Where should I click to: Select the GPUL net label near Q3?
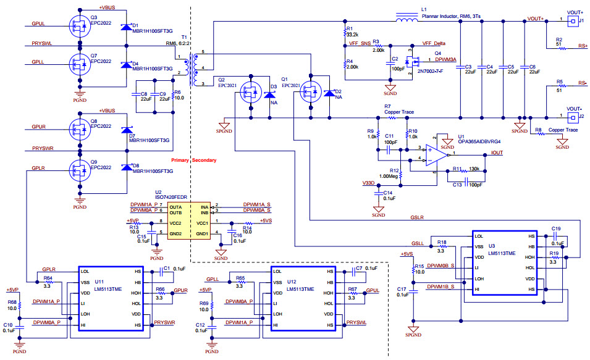click(38, 24)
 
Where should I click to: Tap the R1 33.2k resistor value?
click(353, 35)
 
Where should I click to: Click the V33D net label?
click(369, 183)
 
